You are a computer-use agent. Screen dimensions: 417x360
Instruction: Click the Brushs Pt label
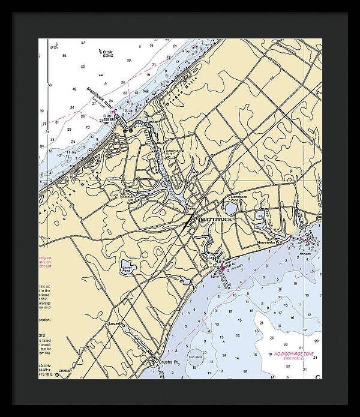[164, 363]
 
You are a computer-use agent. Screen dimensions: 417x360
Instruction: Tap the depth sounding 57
[83, 43]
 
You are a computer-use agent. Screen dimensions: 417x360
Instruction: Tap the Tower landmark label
[46, 238]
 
